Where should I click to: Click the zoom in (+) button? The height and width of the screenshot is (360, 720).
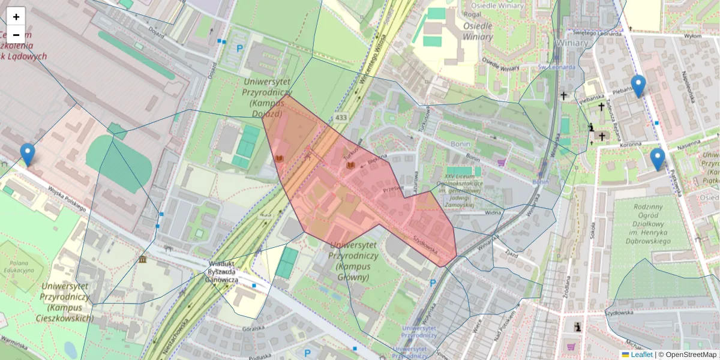pos(16,17)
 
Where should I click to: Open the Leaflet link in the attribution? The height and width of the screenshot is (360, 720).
pos(641,355)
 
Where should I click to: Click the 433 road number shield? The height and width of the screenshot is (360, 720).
pos(341,118)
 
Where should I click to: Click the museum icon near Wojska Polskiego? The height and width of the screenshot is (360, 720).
pos(143,259)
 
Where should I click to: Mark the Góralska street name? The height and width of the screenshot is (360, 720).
pos(252,328)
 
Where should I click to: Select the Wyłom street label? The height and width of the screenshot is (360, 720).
pos(692,37)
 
